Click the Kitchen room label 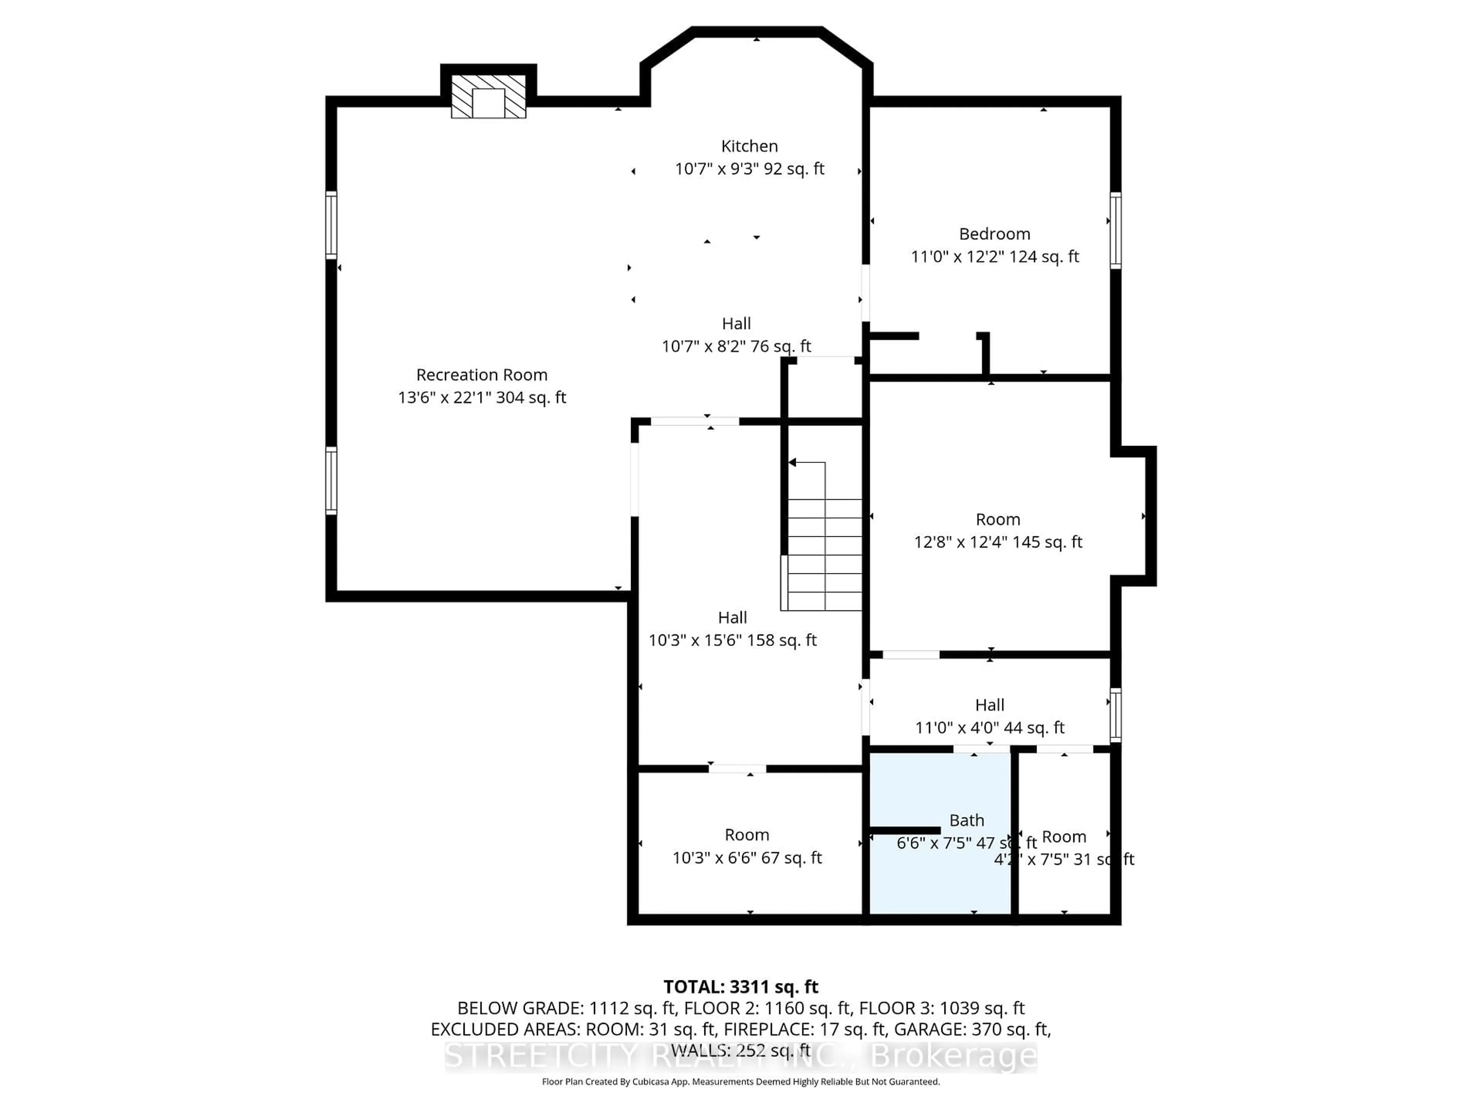pos(749,146)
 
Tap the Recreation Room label pos(482,375)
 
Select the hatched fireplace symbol pos(489,97)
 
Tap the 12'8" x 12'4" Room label pos(998,519)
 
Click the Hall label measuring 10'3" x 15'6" pos(732,617)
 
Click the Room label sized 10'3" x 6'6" pos(746,834)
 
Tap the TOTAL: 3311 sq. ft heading pos(740,987)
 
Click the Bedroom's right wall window pos(1115,230)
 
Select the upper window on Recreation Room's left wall pos(331,225)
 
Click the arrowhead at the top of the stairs pos(792,463)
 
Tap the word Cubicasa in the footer pos(649,1082)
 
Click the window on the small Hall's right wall pos(1115,715)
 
